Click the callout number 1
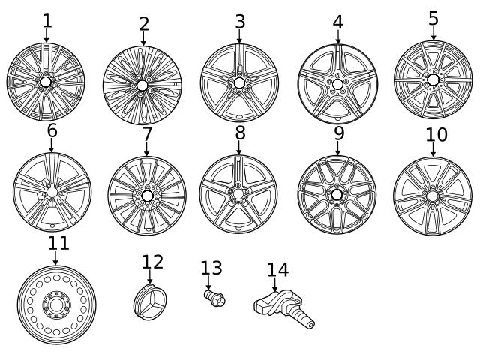46,21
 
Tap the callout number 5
433,19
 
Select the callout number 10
436,135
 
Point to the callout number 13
211,268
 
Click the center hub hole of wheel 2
142,85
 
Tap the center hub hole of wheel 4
337,84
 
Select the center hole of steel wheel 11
56,305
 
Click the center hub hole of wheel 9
337,195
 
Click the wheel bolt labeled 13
214,298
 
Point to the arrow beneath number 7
147,148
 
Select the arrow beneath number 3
239,37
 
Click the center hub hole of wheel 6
52,192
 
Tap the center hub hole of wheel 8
238,193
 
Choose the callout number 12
152,262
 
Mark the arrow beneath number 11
55,258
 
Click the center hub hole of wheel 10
432,196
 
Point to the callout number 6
52,130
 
